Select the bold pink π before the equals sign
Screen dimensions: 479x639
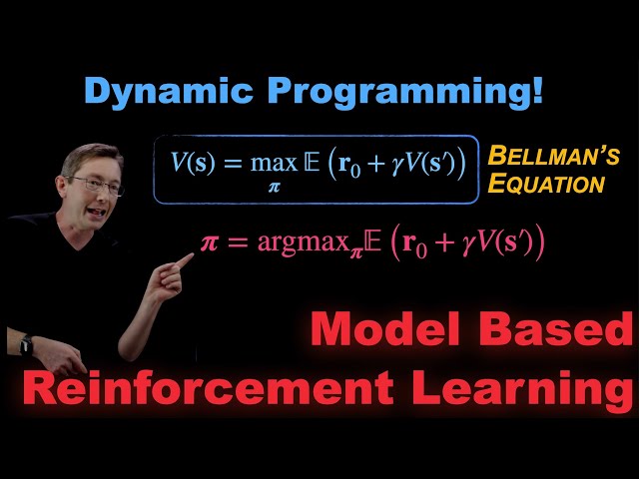tap(211, 242)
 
